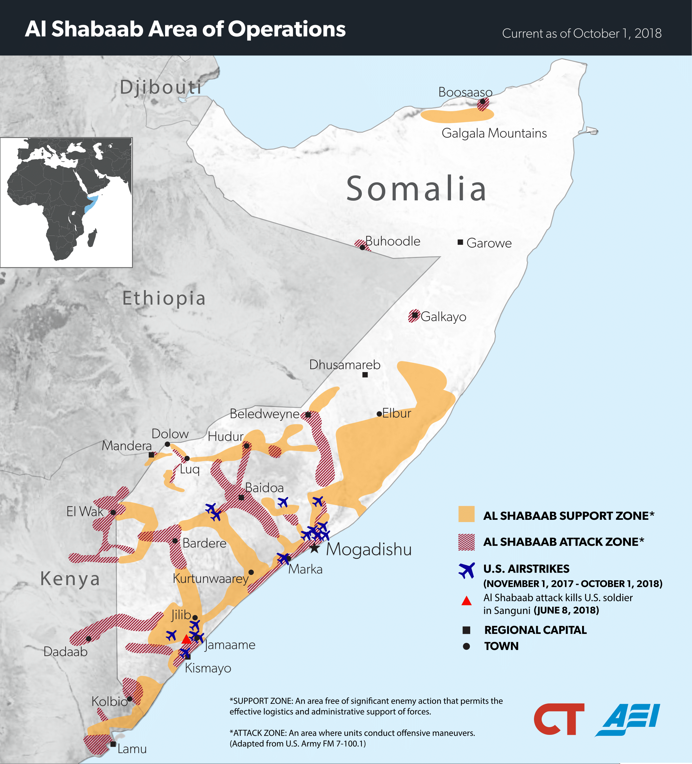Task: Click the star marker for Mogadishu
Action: (314, 548)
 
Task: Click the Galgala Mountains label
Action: (494, 133)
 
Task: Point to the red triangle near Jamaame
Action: (186, 640)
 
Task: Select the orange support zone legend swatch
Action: (466, 514)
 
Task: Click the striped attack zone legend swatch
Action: (466, 542)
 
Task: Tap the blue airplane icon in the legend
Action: (466, 570)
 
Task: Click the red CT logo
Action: (559, 719)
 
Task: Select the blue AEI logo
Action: (628, 719)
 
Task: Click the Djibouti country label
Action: (161, 87)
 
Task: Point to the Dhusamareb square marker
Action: (365, 375)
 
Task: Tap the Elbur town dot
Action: (379, 414)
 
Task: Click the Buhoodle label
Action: (393, 241)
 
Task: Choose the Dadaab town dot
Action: (89, 639)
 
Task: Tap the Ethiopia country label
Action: (164, 298)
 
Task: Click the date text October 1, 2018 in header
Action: (617, 34)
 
